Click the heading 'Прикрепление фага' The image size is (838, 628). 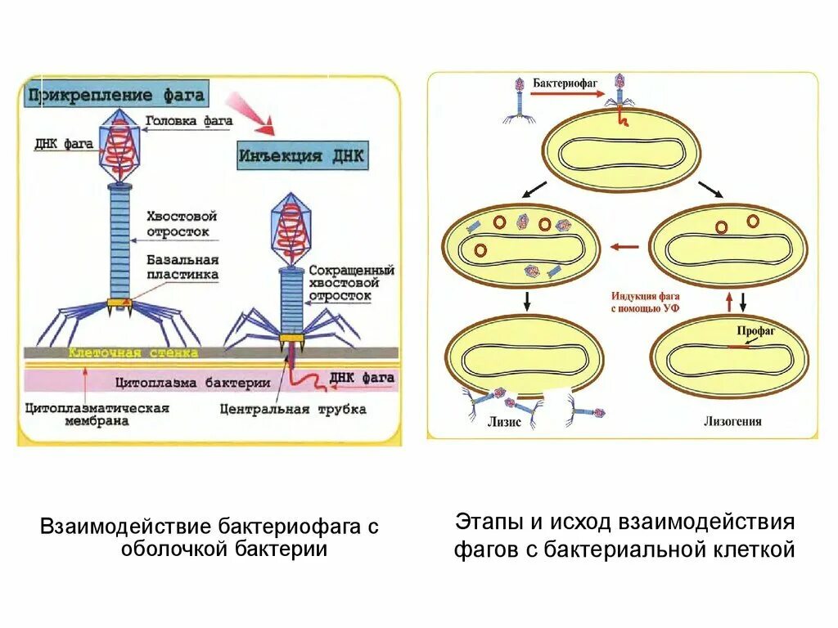point(115,95)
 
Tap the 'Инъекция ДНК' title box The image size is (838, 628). point(303,155)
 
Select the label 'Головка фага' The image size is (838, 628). point(189,121)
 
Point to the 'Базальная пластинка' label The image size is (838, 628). point(182,267)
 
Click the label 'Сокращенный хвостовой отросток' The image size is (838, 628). point(352,282)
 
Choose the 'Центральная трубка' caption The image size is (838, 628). point(292,408)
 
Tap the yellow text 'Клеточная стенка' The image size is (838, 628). point(133,353)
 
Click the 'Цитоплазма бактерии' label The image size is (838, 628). point(192,382)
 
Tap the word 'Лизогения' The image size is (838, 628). point(732,422)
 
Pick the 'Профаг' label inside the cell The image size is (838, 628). point(750,332)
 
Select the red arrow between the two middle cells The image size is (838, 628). point(626,246)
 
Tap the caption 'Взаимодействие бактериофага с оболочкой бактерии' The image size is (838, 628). point(210,537)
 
